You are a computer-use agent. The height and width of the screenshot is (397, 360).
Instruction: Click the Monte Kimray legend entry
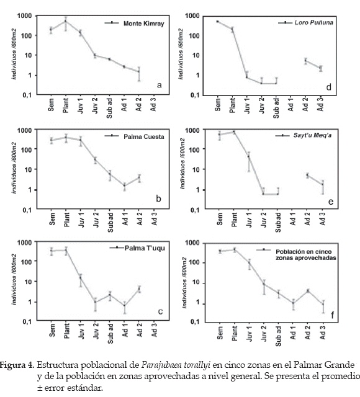[x=143, y=24]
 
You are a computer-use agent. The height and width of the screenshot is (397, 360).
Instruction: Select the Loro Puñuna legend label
[x=313, y=22]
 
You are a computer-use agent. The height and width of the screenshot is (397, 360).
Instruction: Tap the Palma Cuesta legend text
[x=143, y=136]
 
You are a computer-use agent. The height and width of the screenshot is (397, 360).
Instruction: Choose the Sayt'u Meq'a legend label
[x=312, y=135]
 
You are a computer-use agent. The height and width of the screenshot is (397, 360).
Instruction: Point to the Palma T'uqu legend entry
[x=145, y=248]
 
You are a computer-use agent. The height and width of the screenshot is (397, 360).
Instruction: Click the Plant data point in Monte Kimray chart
[x=66, y=21]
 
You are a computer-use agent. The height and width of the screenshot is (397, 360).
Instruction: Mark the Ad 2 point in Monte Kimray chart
[x=139, y=71]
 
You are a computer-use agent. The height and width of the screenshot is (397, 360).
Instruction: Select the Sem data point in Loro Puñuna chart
[x=217, y=22]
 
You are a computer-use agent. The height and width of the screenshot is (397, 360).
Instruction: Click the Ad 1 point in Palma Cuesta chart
[x=124, y=185]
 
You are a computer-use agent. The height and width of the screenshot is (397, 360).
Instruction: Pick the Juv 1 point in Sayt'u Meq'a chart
[x=248, y=156]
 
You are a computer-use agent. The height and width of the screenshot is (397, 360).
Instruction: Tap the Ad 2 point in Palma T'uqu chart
[x=139, y=289]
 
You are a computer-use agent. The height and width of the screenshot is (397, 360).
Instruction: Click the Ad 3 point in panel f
[x=323, y=305]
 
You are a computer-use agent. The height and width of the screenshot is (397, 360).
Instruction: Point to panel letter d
[x=328, y=87]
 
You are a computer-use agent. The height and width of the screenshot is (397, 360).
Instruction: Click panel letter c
[x=160, y=311]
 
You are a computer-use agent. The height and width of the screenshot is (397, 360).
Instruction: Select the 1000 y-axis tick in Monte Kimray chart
[x=25, y=16]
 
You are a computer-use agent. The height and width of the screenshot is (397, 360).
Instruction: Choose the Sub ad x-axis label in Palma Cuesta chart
[x=110, y=222]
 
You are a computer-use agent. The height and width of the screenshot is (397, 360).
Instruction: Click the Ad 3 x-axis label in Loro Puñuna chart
[x=321, y=104]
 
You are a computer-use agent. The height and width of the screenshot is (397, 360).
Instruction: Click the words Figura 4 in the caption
[x=17, y=365]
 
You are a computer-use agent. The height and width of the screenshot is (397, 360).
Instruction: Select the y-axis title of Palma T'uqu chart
[x=14, y=279]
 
